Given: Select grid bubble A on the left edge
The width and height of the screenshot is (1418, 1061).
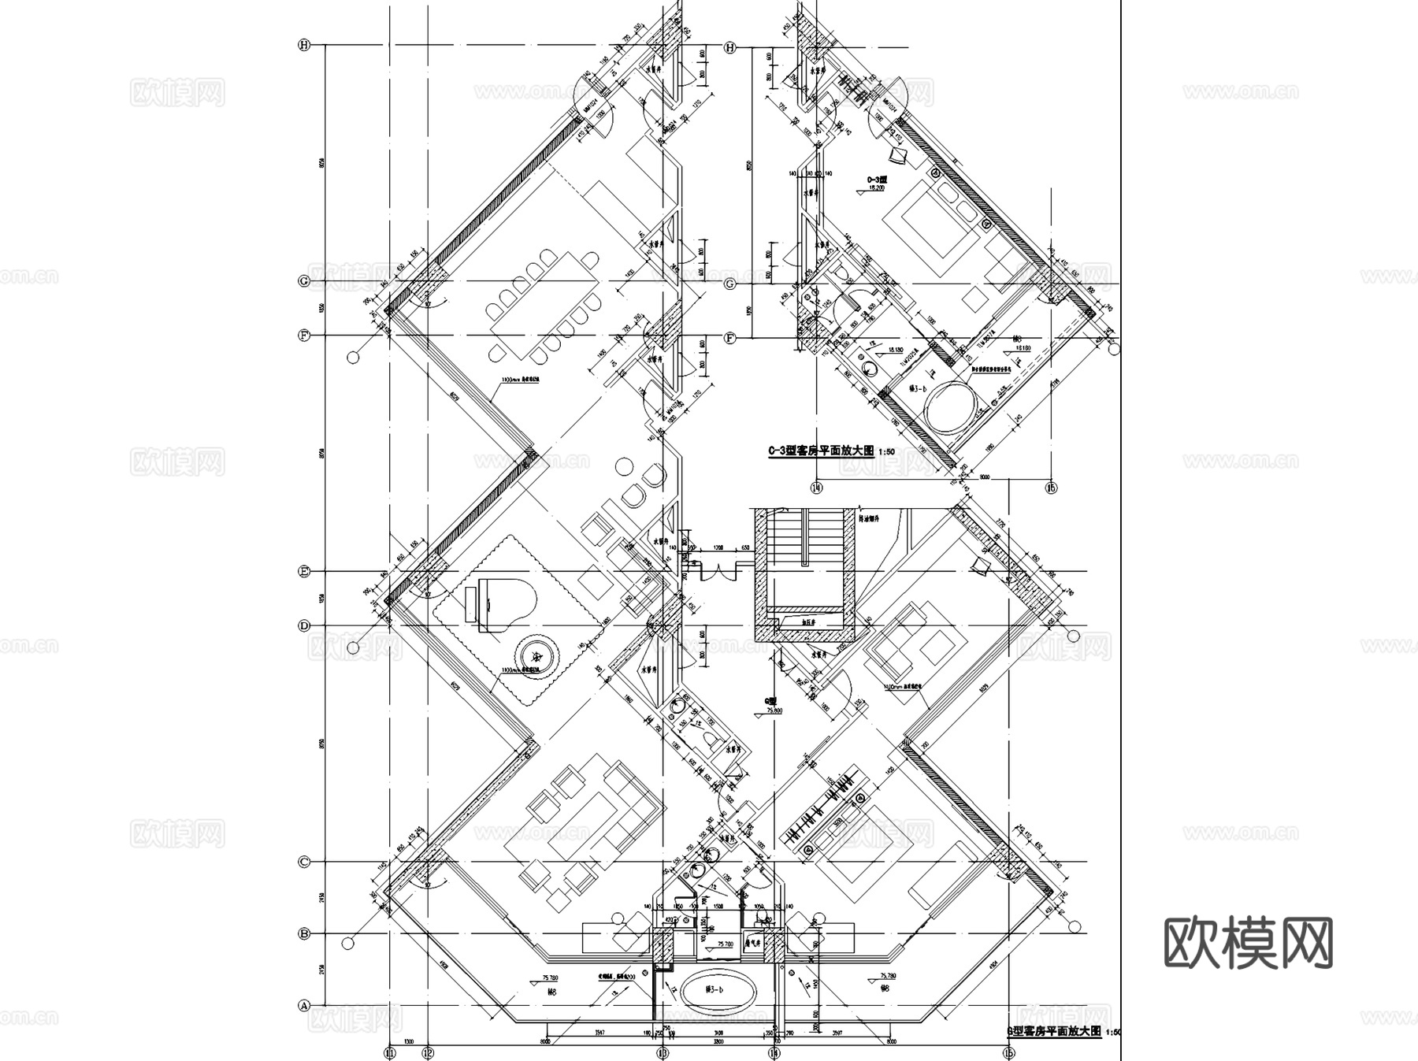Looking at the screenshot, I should tap(303, 1006).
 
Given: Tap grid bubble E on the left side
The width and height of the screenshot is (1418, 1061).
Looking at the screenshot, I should tap(304, 573).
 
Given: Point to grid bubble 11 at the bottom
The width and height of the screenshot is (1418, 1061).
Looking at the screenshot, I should tap(389, 1052).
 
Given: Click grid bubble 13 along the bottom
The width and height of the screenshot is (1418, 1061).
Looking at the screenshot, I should tap(663, 1052).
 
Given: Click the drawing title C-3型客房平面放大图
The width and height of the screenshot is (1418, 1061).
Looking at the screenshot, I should tap(821, 451).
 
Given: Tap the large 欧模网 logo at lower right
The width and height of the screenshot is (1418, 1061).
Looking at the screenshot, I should tap(1248, 943).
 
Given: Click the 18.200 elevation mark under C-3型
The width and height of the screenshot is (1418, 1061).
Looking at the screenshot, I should tap(877, 189).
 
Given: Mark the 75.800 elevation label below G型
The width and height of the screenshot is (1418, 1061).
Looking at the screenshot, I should tap(774, 710).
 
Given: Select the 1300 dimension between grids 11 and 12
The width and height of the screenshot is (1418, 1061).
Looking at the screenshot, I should tap(408, 1041).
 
